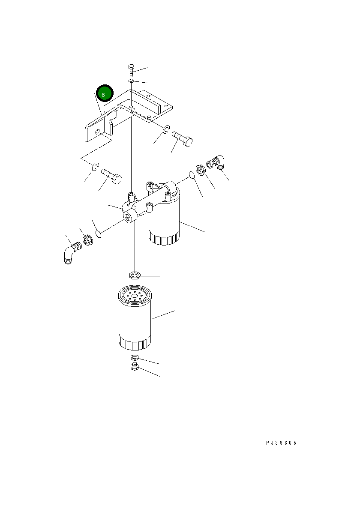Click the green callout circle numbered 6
click(x=105, y=93)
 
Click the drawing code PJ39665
click(x=281, y=443)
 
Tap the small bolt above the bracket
click(x=131, y=71)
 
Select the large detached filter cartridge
click(x=135, y=317)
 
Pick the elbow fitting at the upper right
click(x=216, y=162)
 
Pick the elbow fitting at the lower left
click(x=73, y=252)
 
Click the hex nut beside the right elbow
click(x=200, y=170)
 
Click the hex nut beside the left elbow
click(x=88, y=240)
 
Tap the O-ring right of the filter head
click(x=192, y=175)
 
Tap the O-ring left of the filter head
click(x=99, y=234)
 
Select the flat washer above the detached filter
click(x=135, y=275)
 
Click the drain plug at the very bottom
click(x=135, y=367)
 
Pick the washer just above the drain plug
click(x=135, y=357)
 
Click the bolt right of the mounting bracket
click(x=182, y=138)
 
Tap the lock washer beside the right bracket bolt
click(x=166, y=129)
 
